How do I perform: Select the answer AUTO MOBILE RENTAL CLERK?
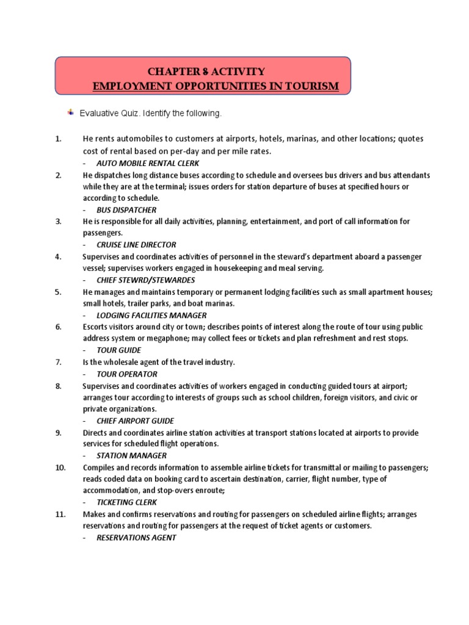pyautogui.click(x=148, y=163)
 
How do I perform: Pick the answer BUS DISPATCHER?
pyautogui.click(x=126, y=209)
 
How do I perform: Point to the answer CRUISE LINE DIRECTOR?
pyautogui.click(x=136, y=244)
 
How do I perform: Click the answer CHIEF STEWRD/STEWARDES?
pyautogui.click(x=146, y=280)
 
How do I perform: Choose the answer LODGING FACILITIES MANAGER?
pyautogui.click(x=151, y=315)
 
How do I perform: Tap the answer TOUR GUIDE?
pyautogui.click(x=118, y=350)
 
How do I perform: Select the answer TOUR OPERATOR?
pyautogui.click(x=126, y=374)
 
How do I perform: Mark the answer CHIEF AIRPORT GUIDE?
pyautogui.click(x=135, y=421)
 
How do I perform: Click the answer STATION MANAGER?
pyautogui.click(x=131, y=455)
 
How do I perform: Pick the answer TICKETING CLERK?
pyautogui.click(x=126, y=502)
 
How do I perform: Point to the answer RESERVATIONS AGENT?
pyautogui.click(x=136, y=537)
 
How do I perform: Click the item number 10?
pyautogui.click(x=60, y=467)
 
